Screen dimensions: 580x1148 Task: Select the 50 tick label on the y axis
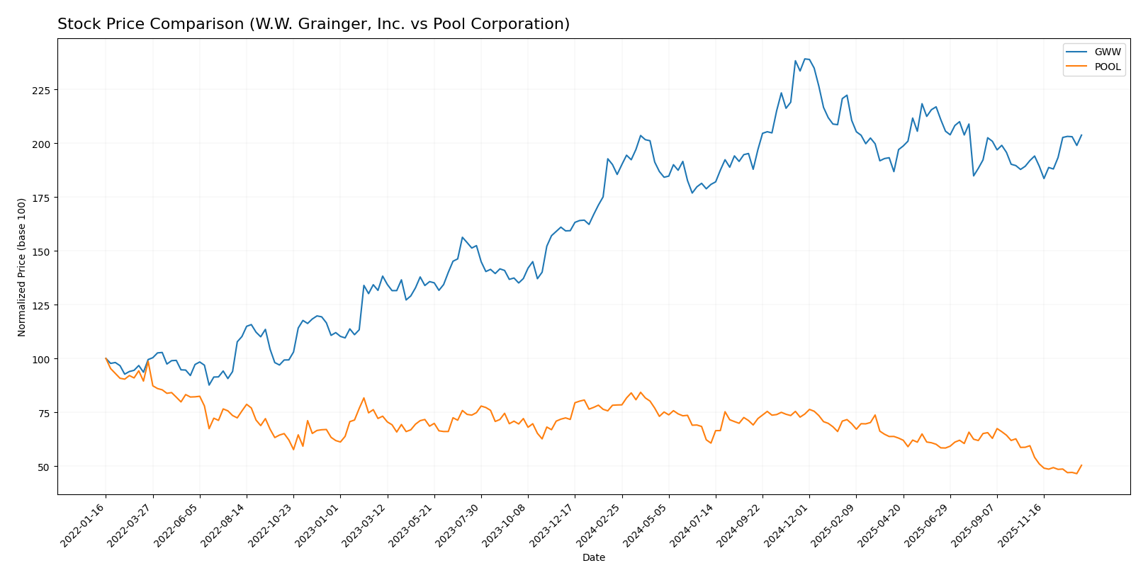click(x=44, y=467)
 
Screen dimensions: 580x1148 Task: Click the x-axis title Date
click(x=593, y=558)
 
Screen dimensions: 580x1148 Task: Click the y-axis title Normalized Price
click(x=22, y=267)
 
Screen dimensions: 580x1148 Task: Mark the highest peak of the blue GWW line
click(x=805, y=59)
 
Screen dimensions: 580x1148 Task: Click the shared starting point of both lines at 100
click(x=106, y=359)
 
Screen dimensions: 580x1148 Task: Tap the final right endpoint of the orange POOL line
click(x=1081, y=465)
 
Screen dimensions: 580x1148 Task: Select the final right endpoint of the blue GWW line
click(x=1081, y=135)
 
